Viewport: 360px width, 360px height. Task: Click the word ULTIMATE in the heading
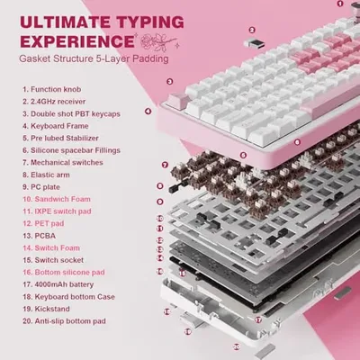[x=65, y=22]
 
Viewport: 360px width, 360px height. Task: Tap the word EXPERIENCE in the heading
[x=76, y=41]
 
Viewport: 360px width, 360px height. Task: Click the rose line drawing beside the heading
[x=158, y=42]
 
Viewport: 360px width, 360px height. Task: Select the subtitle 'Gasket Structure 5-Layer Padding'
[x=94, y=58]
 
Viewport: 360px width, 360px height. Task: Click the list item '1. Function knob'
[x=51, y=89]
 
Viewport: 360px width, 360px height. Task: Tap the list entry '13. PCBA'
[x=39, y=236]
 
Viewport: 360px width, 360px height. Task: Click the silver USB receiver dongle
[x=254, y=43]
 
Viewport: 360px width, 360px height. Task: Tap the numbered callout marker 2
[x=252, y=30]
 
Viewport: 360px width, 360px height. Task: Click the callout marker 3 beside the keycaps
[x=170, y=81]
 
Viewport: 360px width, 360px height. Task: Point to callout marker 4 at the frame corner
[x=148, y=112]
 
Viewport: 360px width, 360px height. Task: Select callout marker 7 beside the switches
[x=165, y=165]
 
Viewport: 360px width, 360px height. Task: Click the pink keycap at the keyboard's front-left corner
[x=177, y=101]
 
